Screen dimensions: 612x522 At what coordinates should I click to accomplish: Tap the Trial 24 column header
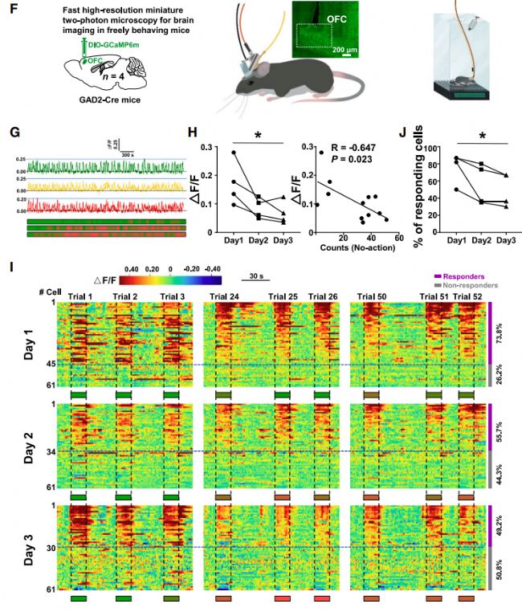[x=225, y=297]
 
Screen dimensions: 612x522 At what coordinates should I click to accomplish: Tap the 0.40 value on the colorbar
[x=131, y=271]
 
